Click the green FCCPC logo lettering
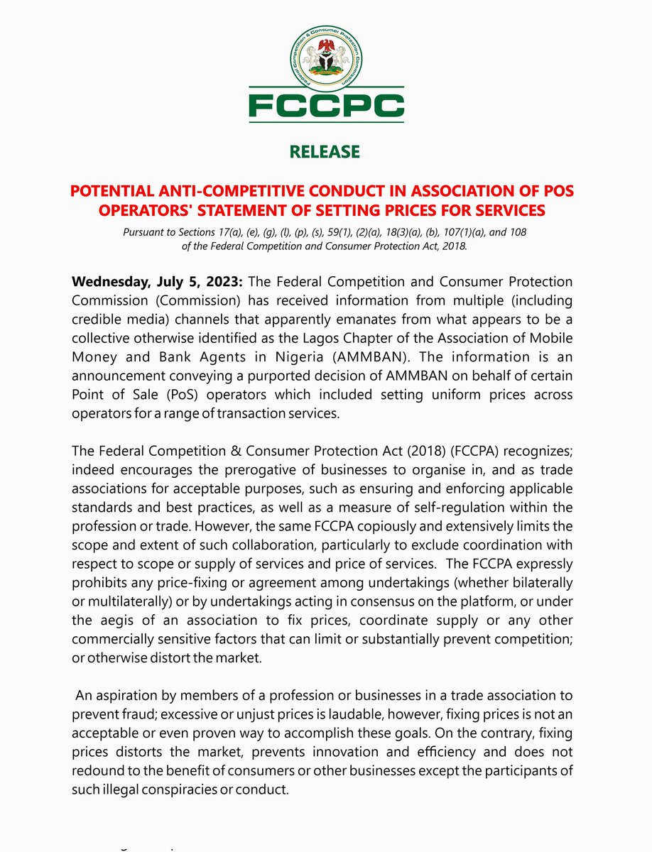click(326, 106)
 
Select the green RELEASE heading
click(325, 152)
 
